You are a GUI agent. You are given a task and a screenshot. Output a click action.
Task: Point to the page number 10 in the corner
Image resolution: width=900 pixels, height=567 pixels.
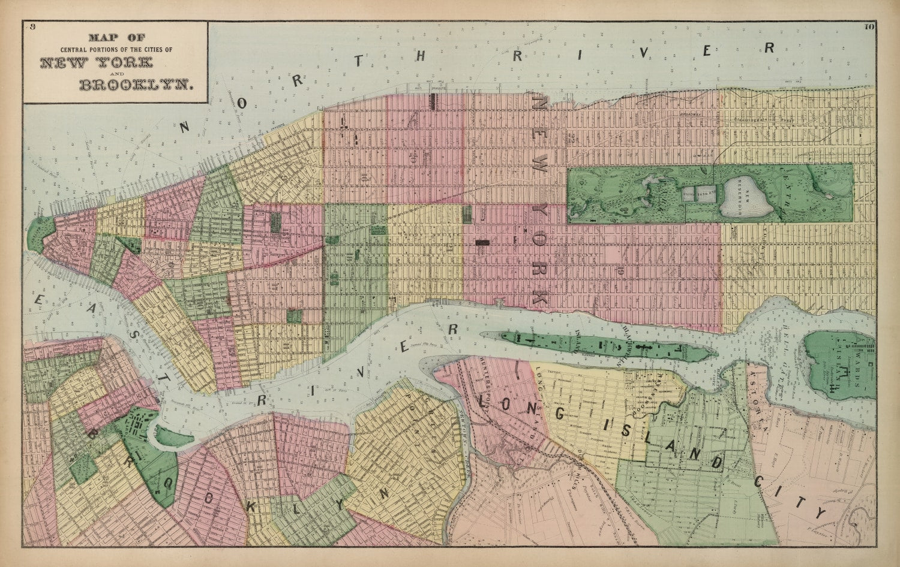(x=869, y=26)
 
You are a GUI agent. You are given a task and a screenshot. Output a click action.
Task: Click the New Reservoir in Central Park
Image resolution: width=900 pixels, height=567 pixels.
(x=747, y=198)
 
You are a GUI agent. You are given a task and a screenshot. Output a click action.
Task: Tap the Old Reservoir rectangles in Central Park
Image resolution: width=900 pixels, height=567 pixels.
(x=699, y=193)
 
